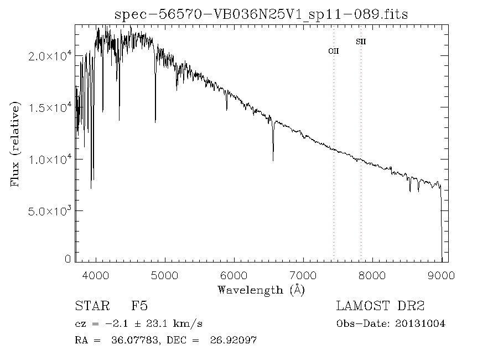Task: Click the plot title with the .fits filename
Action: (261, 15)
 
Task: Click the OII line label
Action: (333, 51)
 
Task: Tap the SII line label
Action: (361, 42)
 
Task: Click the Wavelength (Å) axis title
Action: (261, 289)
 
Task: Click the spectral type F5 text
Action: (139, 306)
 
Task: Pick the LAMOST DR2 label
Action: (380, 306)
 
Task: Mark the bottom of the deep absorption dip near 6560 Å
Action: (273, 160)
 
